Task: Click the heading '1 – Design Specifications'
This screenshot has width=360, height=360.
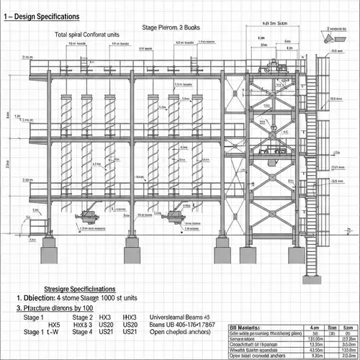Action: point(50,15)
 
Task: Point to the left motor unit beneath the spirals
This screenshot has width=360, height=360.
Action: point(91,214)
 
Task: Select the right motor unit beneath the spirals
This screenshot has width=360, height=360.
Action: point(174,214)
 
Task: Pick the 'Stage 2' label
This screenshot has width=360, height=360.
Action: point(82,318)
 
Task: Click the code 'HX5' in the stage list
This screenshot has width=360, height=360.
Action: point(55,325)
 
